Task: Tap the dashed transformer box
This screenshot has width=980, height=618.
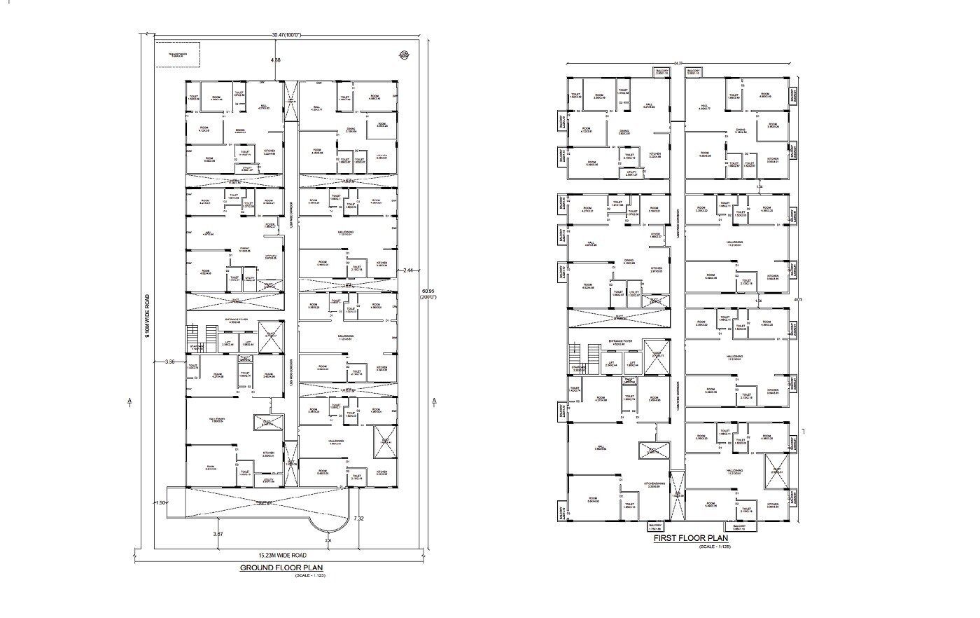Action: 177,55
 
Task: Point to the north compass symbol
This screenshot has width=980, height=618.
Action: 404,55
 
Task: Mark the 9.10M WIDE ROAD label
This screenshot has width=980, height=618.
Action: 148,315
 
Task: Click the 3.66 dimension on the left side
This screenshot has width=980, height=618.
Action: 169,362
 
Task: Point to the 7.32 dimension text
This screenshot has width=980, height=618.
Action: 359,519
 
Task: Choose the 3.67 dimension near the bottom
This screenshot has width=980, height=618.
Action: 218,534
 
